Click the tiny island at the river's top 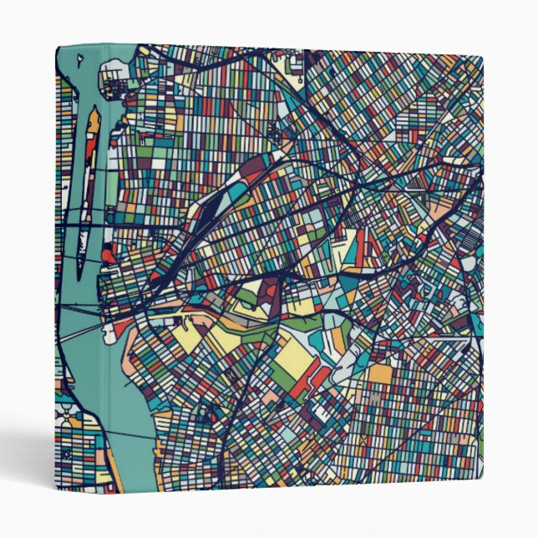tap(79, 59)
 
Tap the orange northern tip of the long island tap(94, 119)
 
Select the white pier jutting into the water tap(110, 335)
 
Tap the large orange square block tap(380, 374)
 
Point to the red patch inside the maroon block tap(272, 292)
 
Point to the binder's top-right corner tap(482, 58)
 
